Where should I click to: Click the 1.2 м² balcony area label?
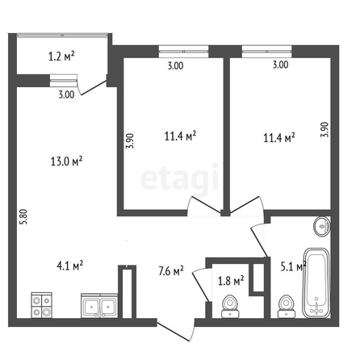(x=61, y=57)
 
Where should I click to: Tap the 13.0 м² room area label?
(x=66, y=161)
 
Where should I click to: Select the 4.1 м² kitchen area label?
(x=69, y=266)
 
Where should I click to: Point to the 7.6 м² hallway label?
(x=171, y=271)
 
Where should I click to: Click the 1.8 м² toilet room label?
(x=231, y=281)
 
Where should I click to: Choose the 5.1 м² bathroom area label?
(x=294, y=267)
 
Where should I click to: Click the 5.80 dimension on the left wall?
(x=24, y=217)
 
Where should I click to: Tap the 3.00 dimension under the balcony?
(x=66, y=94)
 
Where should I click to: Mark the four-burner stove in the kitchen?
(x=42, y=305)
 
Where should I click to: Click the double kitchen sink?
(x=99, y=306)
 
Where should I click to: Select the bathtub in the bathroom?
(x=316, y=283)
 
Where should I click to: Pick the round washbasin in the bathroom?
(x=322, y=226)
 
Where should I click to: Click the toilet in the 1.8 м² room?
(x=229, y=307)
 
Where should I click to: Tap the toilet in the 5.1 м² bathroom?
(x=286, y=307)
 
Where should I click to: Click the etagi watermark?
(x=179, y=178)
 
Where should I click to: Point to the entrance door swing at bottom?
(x=176, y=331)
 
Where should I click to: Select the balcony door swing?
(x=93, y=87)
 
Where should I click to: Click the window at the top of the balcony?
(x=62, y=35)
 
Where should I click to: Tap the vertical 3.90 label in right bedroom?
(x=324, y=130)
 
